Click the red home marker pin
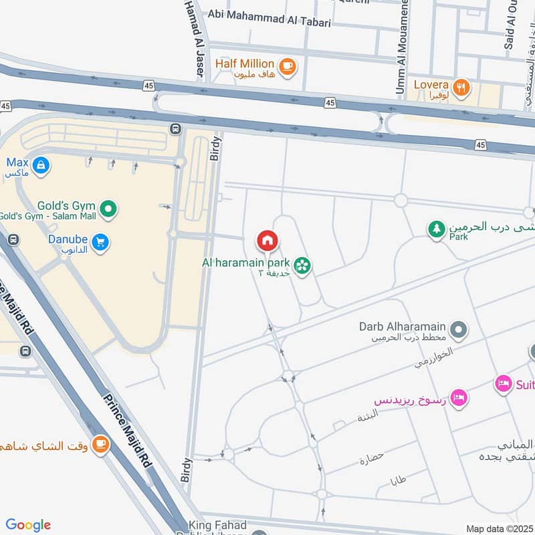click(x=267, y=240)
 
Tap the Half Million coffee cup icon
click(x=288, y=66)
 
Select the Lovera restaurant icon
click(x=460, y=87)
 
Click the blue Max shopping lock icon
click(x=41, y=164)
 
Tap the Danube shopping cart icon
click(x=101, y=242)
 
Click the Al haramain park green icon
click(x=303, y=266)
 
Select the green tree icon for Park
click(x=436, y=229)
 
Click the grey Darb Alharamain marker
click(x=459, y=329)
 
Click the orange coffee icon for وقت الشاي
click(x=100, y=444)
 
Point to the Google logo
click(x=28, y=525)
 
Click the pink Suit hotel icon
click(x=504, y=384)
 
